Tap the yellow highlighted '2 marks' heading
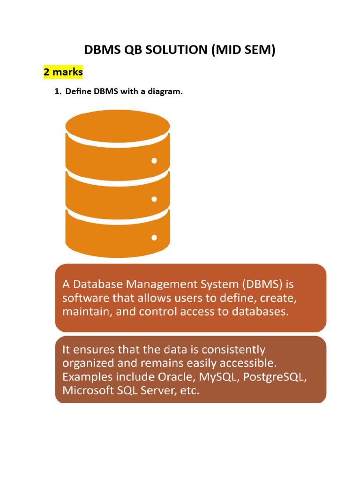point(63,72)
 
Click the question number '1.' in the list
point(58,91)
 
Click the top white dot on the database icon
point(154,161)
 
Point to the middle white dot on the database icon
point(154,199)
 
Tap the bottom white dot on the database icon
point(154,238)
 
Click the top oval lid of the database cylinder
point(118,124)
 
